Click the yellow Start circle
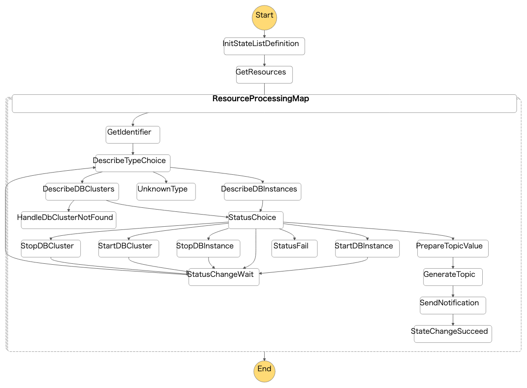pos(264,17)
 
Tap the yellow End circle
pos(264,371)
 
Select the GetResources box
pos(264,75)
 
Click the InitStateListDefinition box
pos(264,46)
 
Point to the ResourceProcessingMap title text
pos(261,99)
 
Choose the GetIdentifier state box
pos(133,135)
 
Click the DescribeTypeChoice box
pos(133,163)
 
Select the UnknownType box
pos(166,192)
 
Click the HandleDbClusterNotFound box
pos(68,220)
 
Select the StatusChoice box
pos(256,220)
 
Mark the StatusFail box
pos(294,248)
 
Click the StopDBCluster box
pos(51,248)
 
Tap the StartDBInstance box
pos(367,248)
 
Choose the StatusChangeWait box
pos(224,277)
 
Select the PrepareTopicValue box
pos(453,248)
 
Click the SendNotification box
pos(453,305)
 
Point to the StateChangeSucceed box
pos(453,334)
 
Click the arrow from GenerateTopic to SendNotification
pos(453,291)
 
